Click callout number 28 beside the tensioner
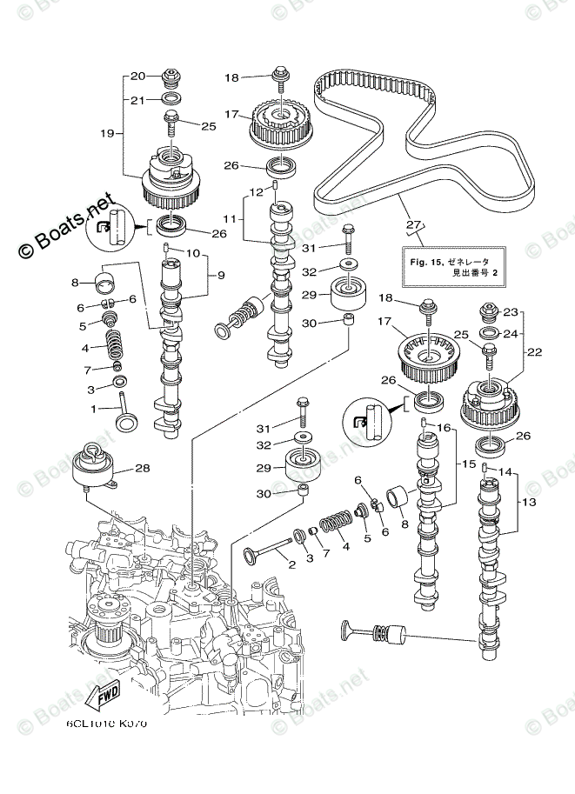[141, 469]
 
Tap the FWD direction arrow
[103, 696]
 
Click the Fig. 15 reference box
[449, 266]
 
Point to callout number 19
[106, 133]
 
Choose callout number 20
[137, 76]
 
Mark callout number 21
[137, 100]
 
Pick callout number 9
[220, 277]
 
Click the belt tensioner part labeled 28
[95, 470]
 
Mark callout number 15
[466, 465]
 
